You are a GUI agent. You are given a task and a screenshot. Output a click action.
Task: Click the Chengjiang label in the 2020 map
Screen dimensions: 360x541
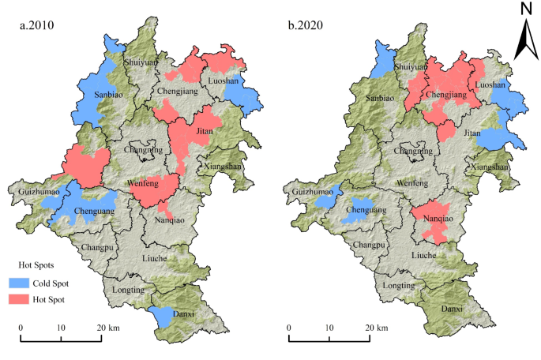[x=442, y=94]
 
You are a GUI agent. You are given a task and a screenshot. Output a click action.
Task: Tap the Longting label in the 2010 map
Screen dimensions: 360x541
[x=128, y=290]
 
